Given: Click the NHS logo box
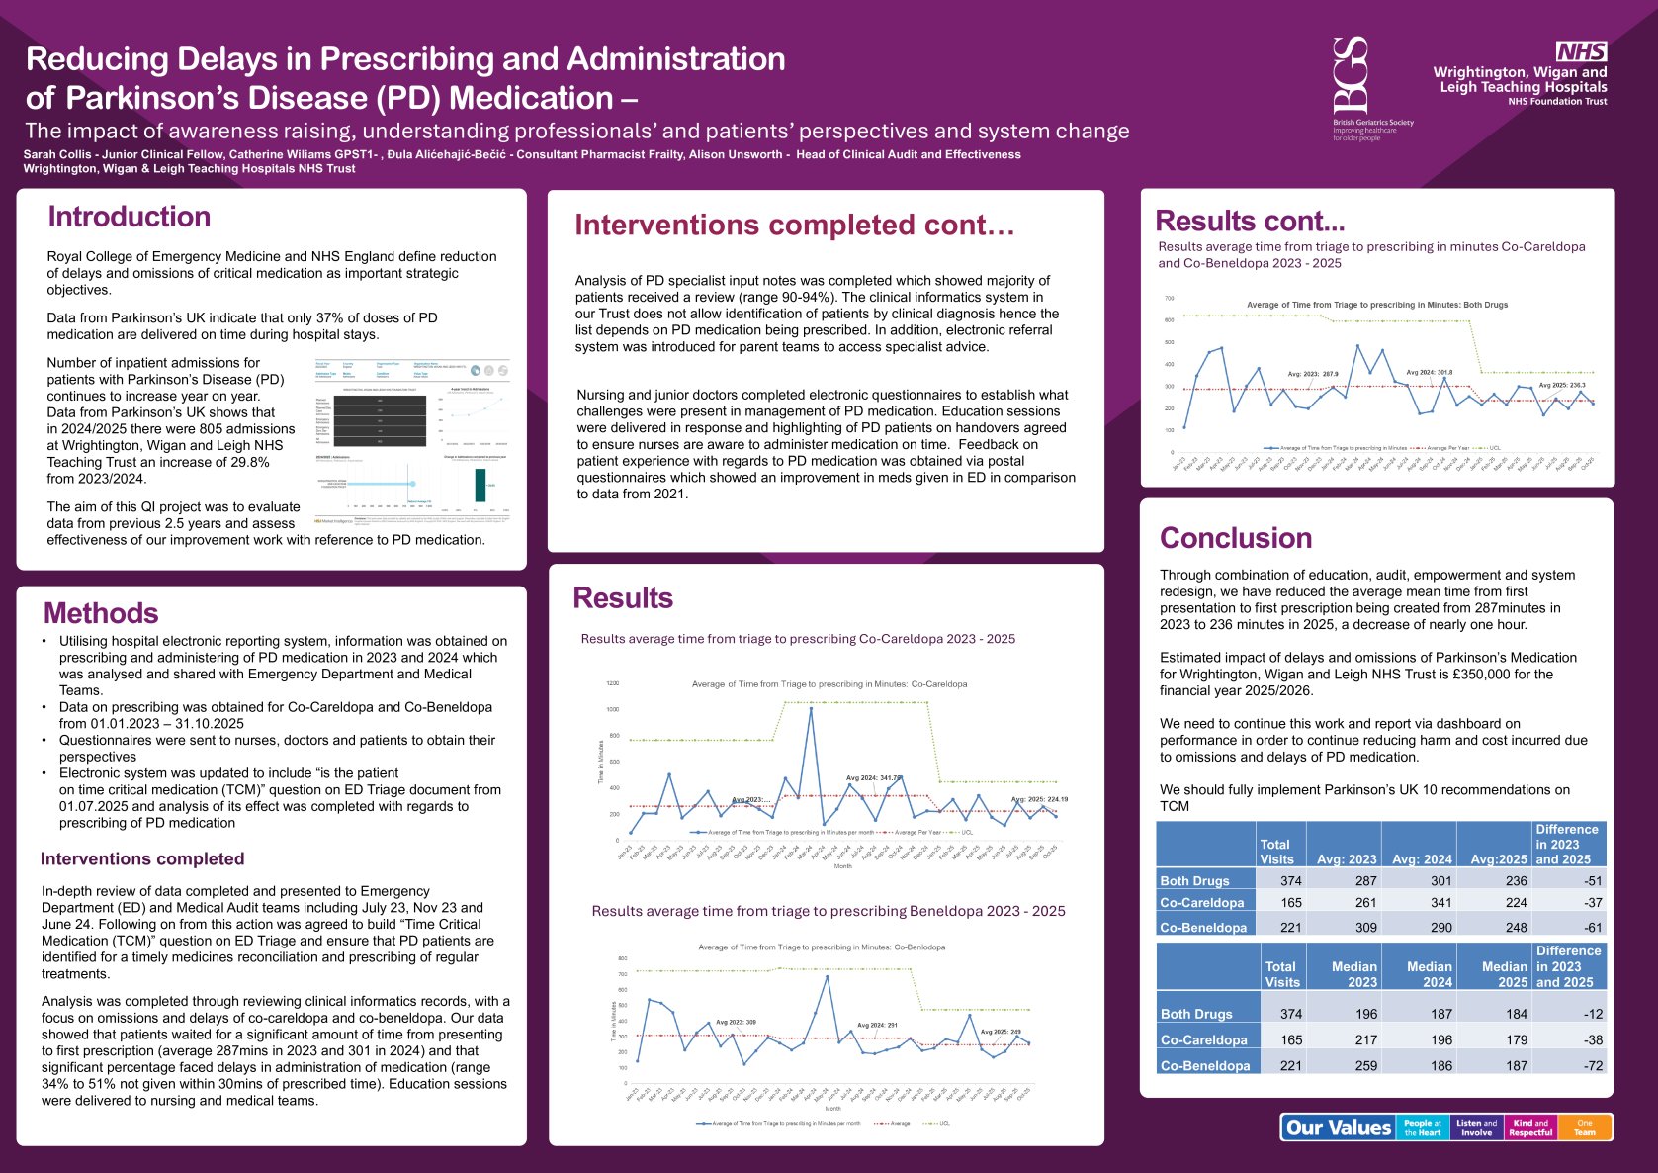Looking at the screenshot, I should pos(1581,51).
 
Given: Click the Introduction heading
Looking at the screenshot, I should pos(130,217).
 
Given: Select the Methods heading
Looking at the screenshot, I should pos(101,613).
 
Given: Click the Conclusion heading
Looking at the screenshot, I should pos(1236,538).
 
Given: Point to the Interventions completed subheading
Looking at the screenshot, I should pos(142,858).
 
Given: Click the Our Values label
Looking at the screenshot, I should pos(1339,1128).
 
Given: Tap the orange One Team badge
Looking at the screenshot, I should pos(1585,1128).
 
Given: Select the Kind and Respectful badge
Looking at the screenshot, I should pos(1530,1128).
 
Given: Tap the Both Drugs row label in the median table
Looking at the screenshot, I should pos(1196,1014).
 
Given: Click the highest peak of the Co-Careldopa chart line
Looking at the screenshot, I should pos(811,708).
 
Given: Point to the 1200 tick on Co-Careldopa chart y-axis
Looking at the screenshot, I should pos(612,683).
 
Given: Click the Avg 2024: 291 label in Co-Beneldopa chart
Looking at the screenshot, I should pos(877,1026).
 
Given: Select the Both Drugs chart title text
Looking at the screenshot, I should pos(1377,305).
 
